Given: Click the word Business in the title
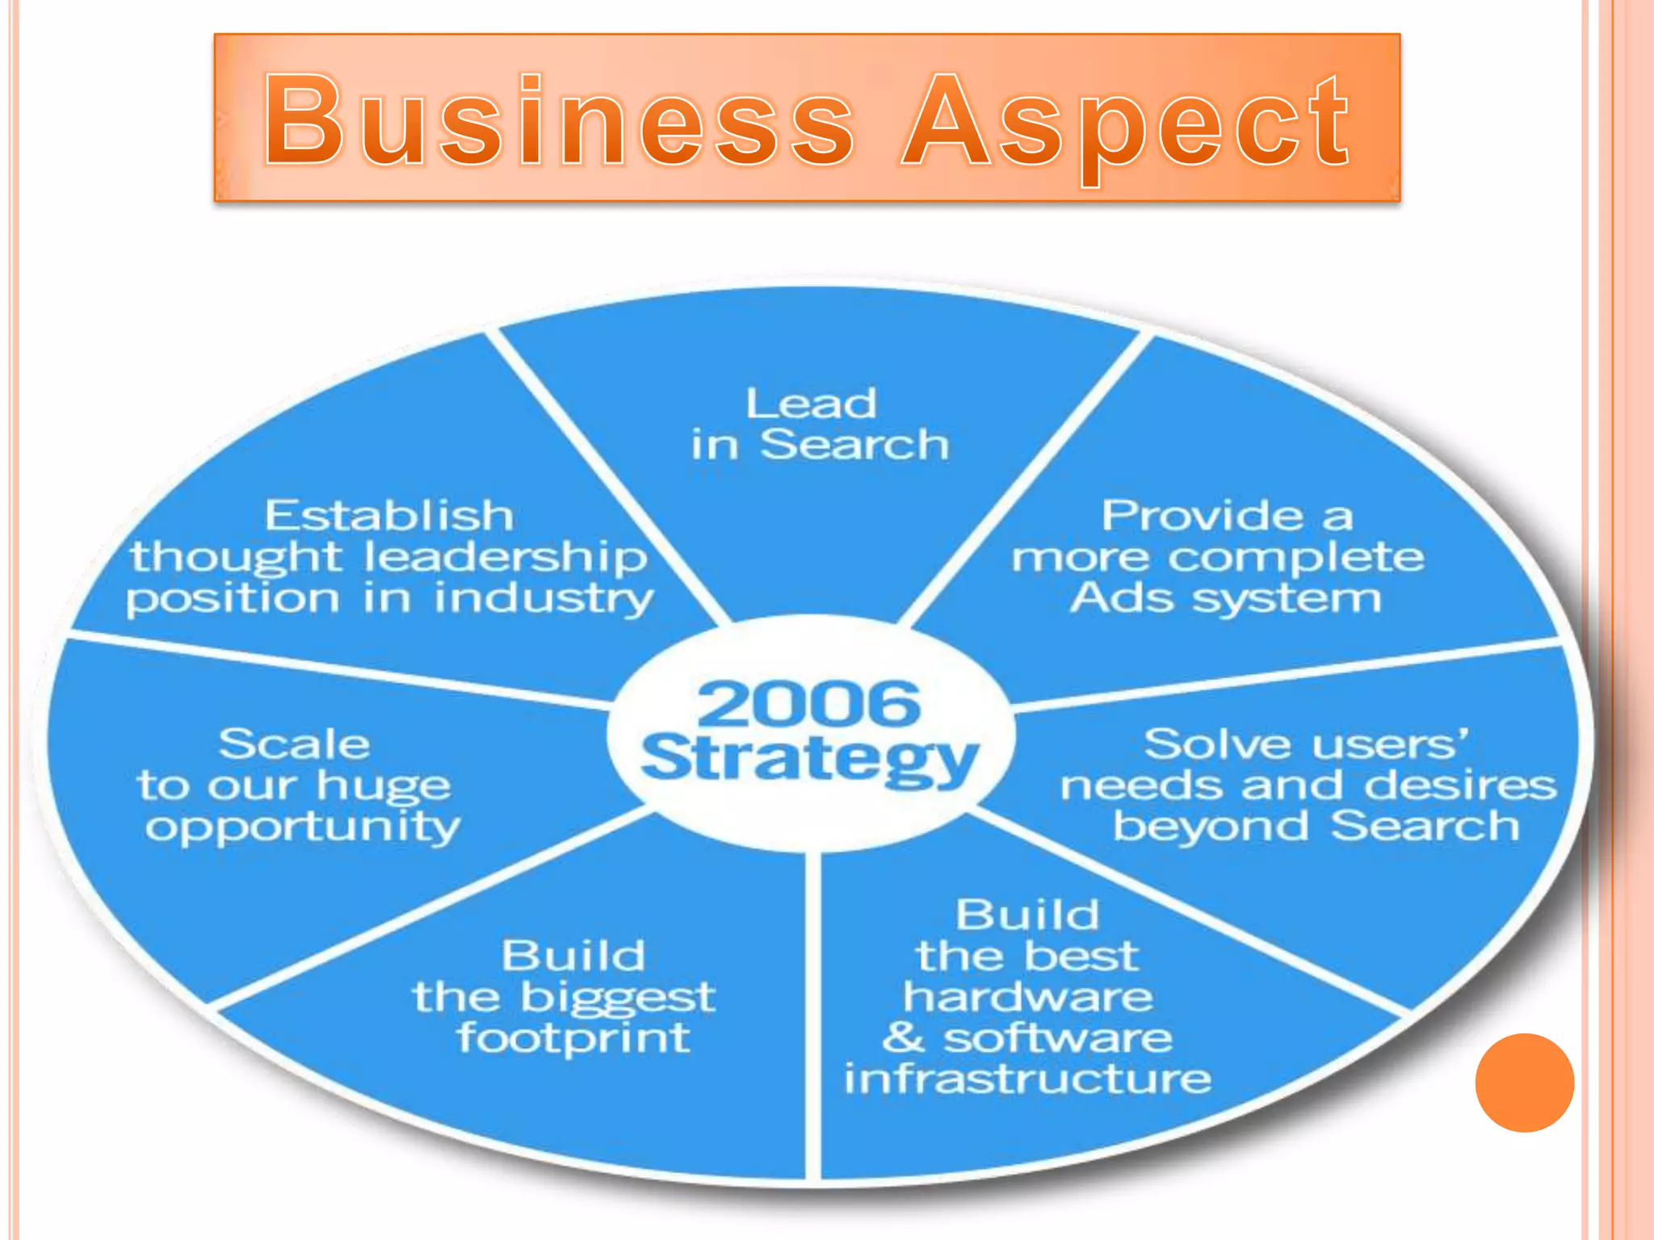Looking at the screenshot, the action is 557,121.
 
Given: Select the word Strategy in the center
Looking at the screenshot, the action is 809,759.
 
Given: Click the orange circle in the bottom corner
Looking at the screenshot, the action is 1524,1083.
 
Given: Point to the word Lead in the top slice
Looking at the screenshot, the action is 811,404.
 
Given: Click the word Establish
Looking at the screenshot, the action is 389,516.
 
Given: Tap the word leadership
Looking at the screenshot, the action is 506,557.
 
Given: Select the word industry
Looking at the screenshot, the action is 544,600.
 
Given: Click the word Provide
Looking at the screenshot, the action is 1203,516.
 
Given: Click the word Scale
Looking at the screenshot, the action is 294,744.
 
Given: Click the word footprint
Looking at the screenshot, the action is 573,1039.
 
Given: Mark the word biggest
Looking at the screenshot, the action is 618,999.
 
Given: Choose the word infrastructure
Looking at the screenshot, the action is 1027,1079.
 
